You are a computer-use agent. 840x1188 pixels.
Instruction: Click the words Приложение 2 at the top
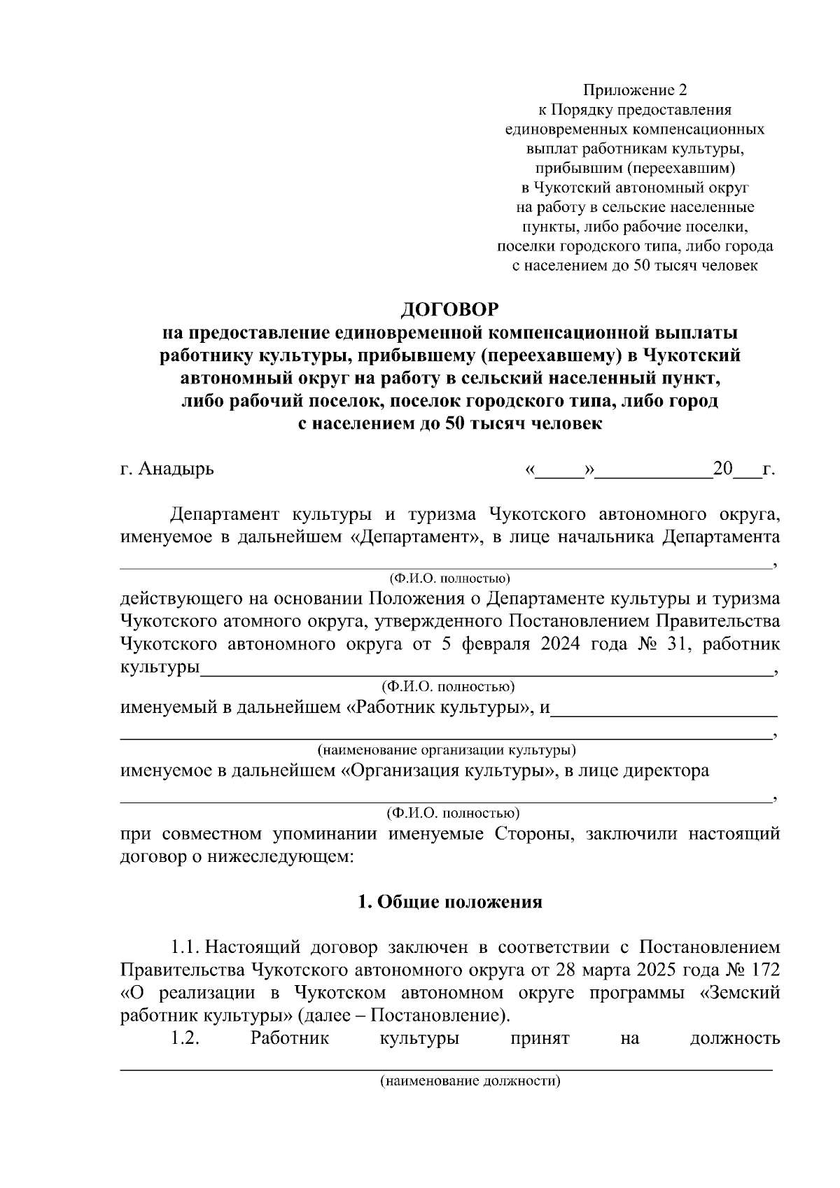click(x=636, y=90)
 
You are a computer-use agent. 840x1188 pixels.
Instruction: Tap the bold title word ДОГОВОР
click(x=450, y=309)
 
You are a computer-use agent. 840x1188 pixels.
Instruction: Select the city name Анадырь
click(x=176, y=469)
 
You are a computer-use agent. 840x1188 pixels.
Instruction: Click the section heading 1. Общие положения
click(x=450, y=902)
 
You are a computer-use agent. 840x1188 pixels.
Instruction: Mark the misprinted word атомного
click(x=266, y=621)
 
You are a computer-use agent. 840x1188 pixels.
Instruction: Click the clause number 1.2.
click(x=186, y=1038)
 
